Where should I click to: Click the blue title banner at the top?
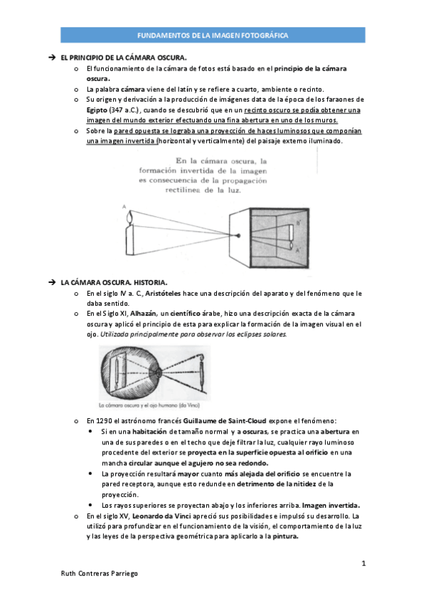tap(213, 35)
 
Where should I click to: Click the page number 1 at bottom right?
tap(363, 564)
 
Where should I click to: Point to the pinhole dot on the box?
tap(239, 235)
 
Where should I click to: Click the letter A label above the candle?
tap(124, 206)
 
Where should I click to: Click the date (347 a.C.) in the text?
tap(126, 110)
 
